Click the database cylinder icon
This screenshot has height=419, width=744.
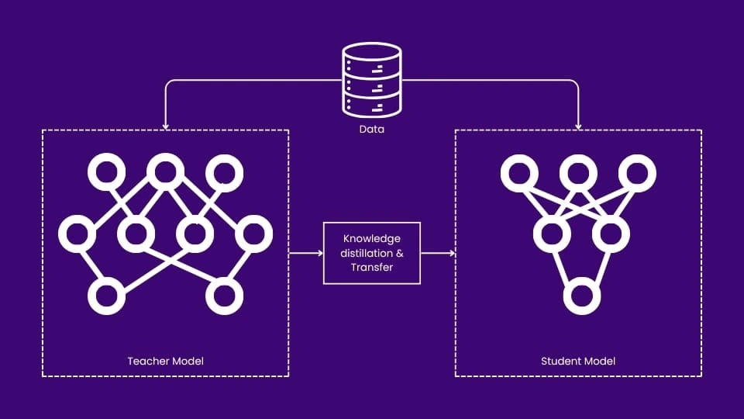pyautogui.click(x=372, y=81)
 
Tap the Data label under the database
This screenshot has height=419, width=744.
pyautogui.click(x=372, y=130)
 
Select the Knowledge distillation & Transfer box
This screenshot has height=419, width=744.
pyautogui.click(x=372, y=252)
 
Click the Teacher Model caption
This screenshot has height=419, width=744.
pyautogui.click(x=165, y=361)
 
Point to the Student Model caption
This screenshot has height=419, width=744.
pyautogui.click(x=578, y=361)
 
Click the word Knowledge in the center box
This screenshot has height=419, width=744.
pyautogui.click(x=372, y=238)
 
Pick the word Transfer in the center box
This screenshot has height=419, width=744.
pyautogui.click(x=372, y=267)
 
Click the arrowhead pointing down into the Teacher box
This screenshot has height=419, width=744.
pyautogui.click(x=165, y=126)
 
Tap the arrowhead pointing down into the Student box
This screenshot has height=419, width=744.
pyautogui.click(x=578, y=126)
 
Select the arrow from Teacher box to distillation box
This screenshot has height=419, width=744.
pyautogui.click(x=305, y=253)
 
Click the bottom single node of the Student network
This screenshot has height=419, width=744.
pyautogui.click(x=582, y=296)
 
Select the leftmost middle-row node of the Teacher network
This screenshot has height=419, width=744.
pyautogui.click(x=77, y=233)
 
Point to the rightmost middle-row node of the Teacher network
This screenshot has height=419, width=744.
pyautogui.click(x=253, y=233)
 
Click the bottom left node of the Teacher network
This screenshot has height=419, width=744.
pyautogui.click(x=106, y=296)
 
